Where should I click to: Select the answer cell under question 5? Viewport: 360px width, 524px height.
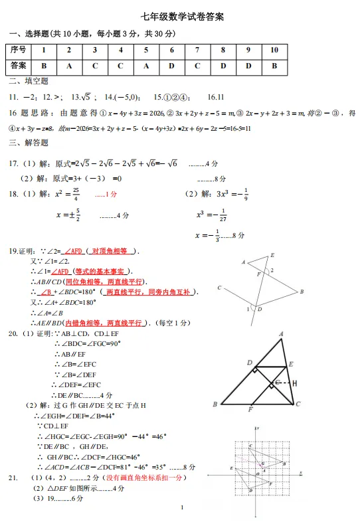pyautogui.click(x=146, y=66)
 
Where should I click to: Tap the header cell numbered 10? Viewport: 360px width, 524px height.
pyautogui.click(x=274, y=50)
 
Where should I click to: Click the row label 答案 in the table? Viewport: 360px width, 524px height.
pyautogui.click(x=19, y=66)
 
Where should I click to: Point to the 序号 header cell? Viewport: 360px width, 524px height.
pyautogui.click(x=19, y=50)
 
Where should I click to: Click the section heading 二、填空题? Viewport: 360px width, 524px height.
pyautogui.click(x=29, y=82)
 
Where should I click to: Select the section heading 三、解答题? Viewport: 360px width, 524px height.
pyautogui.click(x=29, y=143)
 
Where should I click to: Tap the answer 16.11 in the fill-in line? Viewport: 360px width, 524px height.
pyautogui.click(x=216, y=97)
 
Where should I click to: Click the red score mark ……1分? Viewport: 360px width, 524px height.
pyautogui.click(x=106, y=195)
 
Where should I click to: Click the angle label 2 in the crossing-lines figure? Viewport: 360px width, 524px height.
pyautogui.click(x=271, y=270)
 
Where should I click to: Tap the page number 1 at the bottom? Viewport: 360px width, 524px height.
pyautogui.click(x=181, y=508)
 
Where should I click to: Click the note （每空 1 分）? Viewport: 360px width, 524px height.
pyautogui.click(x=168, y=323)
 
